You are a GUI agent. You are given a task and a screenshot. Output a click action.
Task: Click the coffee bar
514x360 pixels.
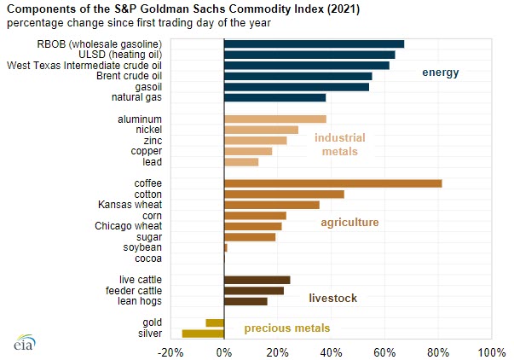332,183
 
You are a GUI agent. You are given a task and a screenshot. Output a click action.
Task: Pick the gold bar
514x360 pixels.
215,322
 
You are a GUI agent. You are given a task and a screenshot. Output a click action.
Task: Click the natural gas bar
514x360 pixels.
274,97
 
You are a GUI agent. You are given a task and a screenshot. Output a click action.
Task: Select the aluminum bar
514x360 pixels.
274,119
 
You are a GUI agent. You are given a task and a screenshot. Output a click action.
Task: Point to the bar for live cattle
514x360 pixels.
257,280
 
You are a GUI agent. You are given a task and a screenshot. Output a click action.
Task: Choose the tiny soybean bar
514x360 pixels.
226,247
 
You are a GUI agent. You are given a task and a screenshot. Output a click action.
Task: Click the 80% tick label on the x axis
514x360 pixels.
438,352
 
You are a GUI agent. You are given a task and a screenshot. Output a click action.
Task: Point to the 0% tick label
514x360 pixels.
224,352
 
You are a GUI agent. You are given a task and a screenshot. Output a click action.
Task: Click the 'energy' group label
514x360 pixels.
441,73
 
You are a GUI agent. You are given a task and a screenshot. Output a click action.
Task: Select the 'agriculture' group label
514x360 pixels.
349,223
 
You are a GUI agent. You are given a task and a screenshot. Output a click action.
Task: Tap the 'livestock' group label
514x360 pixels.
332,298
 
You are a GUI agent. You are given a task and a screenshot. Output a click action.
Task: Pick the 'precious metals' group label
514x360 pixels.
286,328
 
